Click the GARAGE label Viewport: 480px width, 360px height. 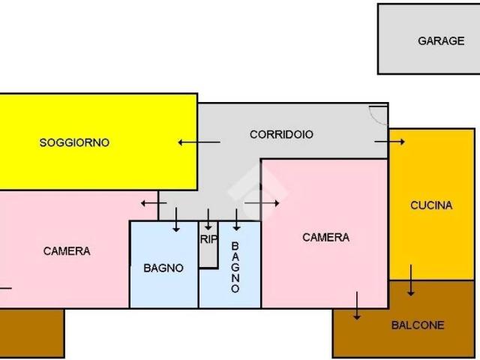click(x=441, y=41)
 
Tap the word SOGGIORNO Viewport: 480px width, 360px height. click(x=74, y=142)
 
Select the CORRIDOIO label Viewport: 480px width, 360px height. click(x=281, y=134)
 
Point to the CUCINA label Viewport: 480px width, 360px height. click(x=431, y=205)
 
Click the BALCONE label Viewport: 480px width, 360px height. click(x=418, y=325)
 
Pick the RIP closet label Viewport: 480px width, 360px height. click(x=208, y=240)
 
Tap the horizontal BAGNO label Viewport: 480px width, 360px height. click(x=163, y=268)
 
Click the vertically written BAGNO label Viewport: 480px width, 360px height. click(x=235, y=267)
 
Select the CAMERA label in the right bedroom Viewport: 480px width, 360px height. click(x=325, y=238)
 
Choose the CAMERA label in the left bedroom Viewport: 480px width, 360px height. click(x=67, y=251)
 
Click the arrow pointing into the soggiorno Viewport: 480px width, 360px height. click(x=199, y=142)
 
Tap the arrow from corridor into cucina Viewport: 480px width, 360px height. click(x=389, y=141)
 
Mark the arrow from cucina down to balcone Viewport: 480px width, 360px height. click(x=411, y=280)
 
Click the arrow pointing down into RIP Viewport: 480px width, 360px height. click(x=208, y=219)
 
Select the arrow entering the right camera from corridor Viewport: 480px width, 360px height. click(x=262, y=202)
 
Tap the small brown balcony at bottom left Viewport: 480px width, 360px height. click(x=31, y=333)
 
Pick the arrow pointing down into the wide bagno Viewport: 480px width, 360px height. click(x=176, y=219)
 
